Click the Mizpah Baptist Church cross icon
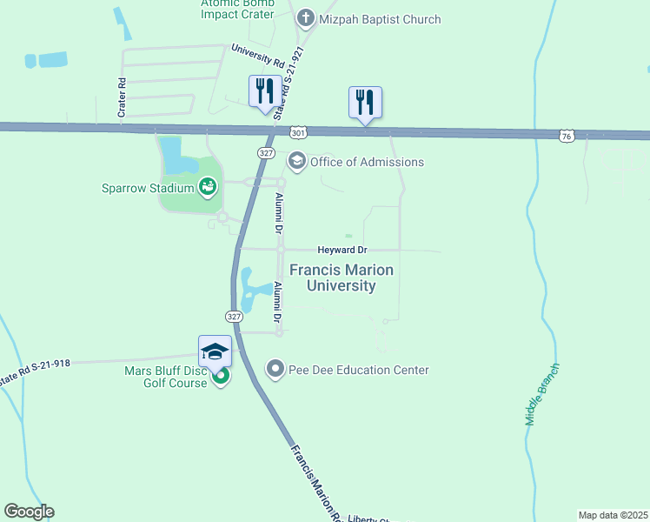tap(305, 17)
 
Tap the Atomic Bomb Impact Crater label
tap(238, 10)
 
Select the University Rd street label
tap(257, 57)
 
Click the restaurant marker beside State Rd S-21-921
tap(263, 91)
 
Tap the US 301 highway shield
tap(298, 133)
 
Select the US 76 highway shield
tap(567, 136)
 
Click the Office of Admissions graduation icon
tap(297, 161)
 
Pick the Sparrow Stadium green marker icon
tap(207, 184)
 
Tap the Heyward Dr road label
tap(338, 250)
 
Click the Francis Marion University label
tap(341, 278)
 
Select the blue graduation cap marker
tap(215, 351)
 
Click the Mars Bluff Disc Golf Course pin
tap(221, 377)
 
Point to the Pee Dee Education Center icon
tap(275, 369)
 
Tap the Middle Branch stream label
tap(542, 393)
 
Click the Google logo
tap(29, 512)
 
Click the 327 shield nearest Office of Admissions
tap(267, 152)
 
